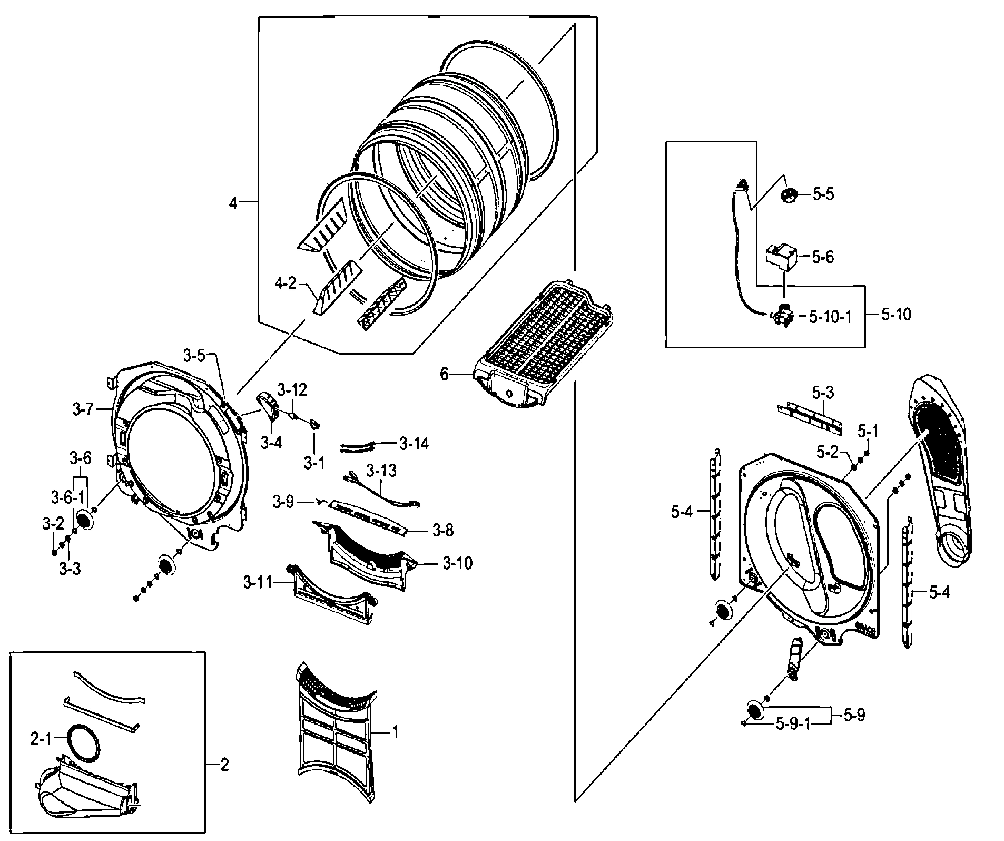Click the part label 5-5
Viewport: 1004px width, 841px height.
(823, 194)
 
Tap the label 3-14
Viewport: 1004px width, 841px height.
(414, 444)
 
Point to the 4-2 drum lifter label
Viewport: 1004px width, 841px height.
(285, 283)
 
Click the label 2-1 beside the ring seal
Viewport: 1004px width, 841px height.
(40, 739)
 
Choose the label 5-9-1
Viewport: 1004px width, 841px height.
(793, 725)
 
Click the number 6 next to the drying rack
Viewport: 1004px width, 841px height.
(444, 374)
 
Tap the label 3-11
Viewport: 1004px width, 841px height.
(258, 582)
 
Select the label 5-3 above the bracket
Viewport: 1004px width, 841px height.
(822, 393)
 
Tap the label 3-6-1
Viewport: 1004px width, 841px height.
(67, 497)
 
